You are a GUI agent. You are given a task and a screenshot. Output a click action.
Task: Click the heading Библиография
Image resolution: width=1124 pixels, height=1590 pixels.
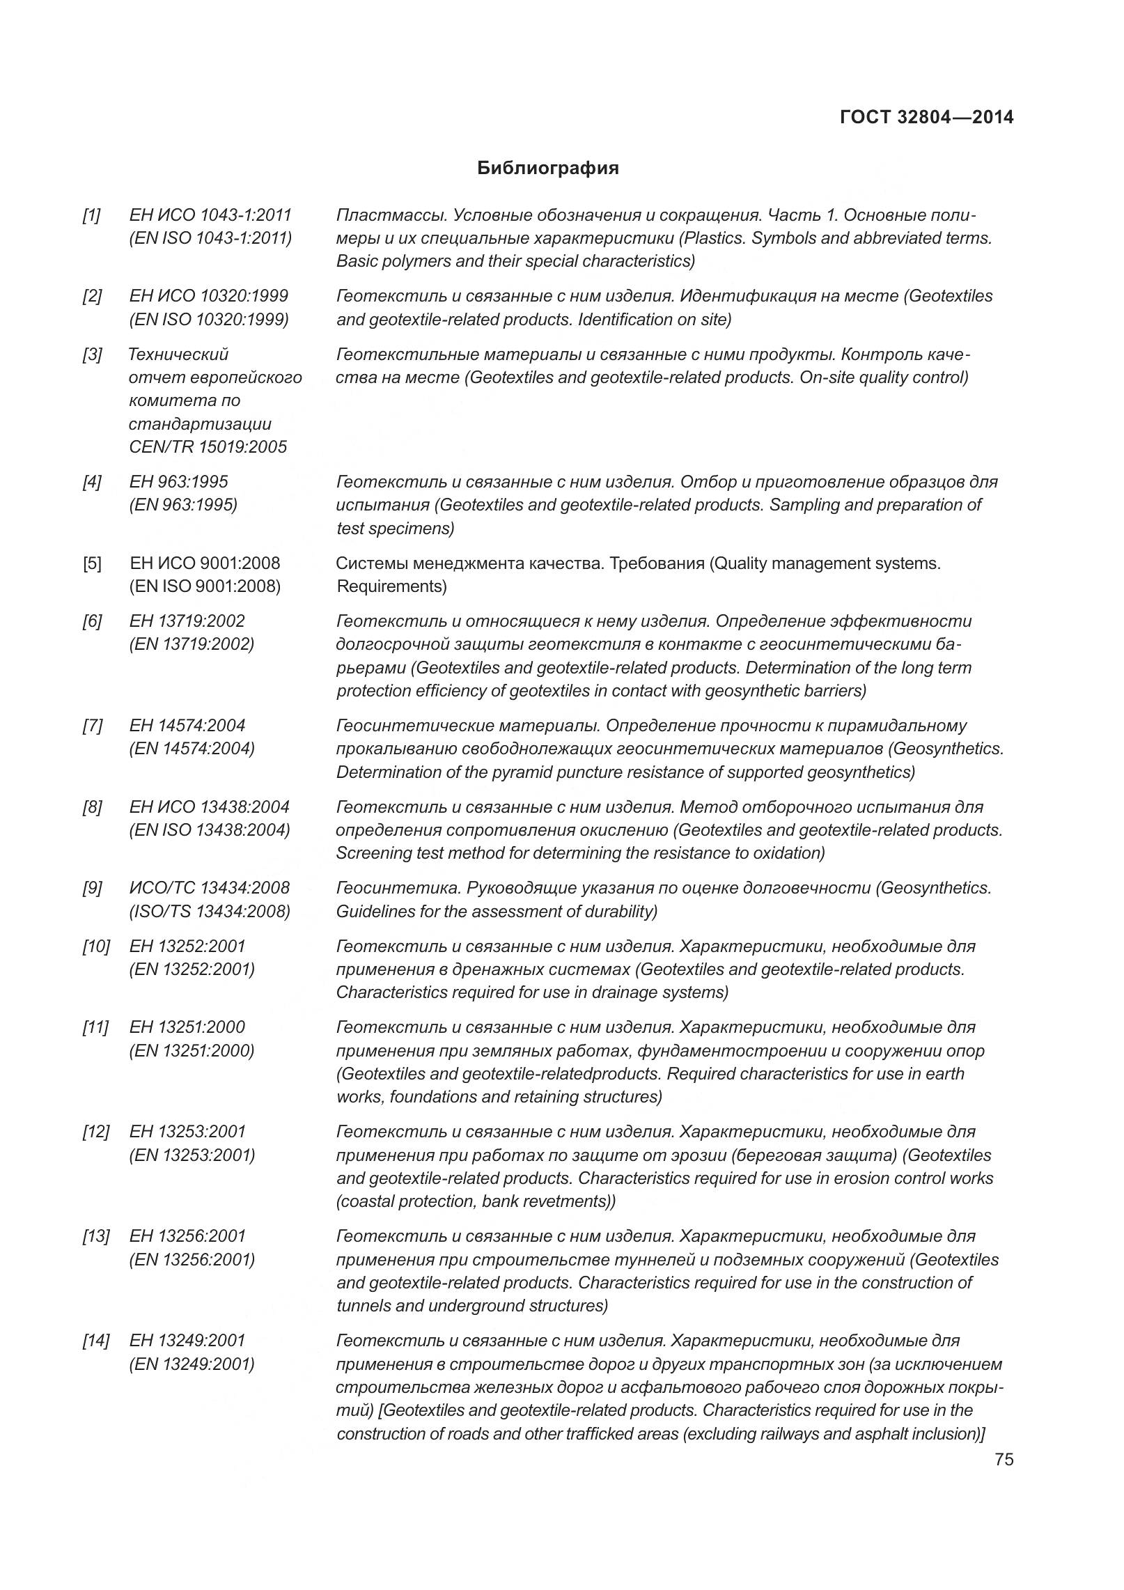pyautogui.click(x=548, y=168)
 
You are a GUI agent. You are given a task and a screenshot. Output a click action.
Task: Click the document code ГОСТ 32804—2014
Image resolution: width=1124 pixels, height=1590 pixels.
pyautogui.click(x=926, y=117)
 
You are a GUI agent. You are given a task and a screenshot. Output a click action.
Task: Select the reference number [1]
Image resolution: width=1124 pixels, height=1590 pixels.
pyautogui.click(x=91, y=215)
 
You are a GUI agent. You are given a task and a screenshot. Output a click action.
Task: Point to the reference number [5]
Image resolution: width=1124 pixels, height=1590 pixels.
pyautogui.click(x=91, y=563)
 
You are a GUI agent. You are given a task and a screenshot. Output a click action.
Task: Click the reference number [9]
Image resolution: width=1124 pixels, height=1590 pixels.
pyautogui.click(x=91, y=888)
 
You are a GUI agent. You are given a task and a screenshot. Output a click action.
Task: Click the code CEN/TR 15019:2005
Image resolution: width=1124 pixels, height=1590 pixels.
pyautogui.click(x=208, y=447)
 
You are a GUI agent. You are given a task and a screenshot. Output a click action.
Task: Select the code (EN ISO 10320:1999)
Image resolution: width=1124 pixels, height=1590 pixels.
pyautogui.click(x=209, y=320)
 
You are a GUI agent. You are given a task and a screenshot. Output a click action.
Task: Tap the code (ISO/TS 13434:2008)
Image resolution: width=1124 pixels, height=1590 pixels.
pyautogui.click(x=210, y=911)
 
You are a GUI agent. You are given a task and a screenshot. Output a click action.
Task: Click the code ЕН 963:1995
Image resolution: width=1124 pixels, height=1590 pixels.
pyautogui.click(x=178, y=482)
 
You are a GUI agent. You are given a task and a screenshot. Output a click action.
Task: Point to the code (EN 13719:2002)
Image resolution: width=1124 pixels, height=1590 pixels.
pyautogui.click(x=192, y=644)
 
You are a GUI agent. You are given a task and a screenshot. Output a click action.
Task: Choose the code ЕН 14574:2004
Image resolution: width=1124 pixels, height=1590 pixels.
pyautogui.click(x=187, y=726)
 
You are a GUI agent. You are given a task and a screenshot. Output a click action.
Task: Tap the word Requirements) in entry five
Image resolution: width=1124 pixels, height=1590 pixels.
pyautogui.click(x=391, y=586)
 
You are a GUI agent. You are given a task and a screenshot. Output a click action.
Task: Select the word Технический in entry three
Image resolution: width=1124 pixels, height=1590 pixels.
pyautogui.click(x=178, y=354)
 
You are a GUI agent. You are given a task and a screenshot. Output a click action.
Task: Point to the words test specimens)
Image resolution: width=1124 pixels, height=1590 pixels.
pyautogui.click(x=395, y=529)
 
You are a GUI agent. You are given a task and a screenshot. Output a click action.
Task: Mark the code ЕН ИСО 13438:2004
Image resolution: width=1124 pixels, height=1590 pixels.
pyautogui.click(x=209, y=807)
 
